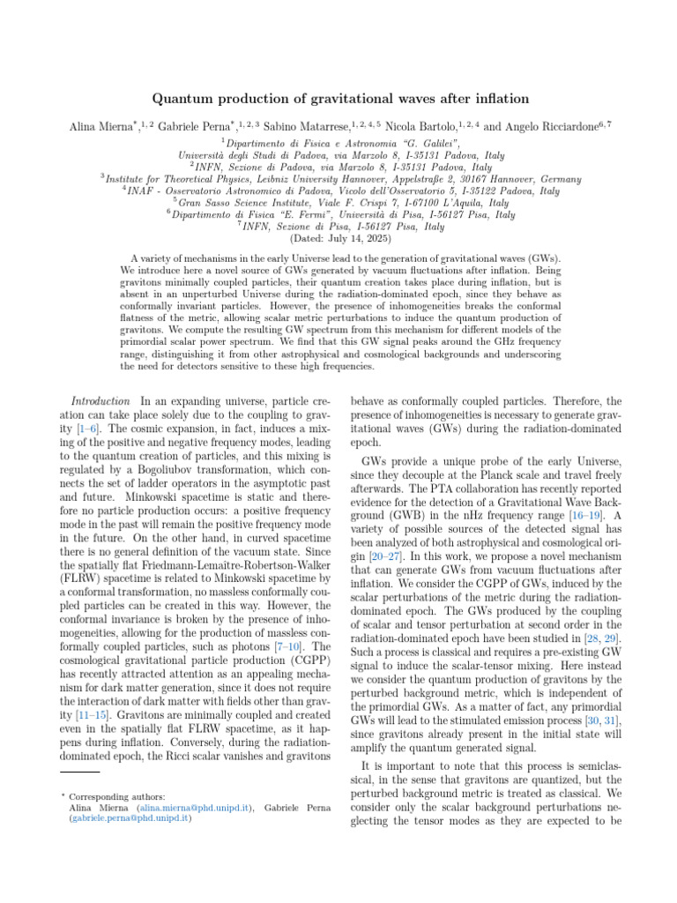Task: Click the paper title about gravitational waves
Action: tap(338, 98)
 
